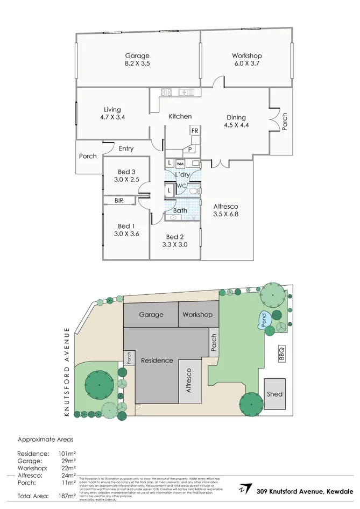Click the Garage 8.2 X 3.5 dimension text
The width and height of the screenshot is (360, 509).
point(137,63)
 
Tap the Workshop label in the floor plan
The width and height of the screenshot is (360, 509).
point(246,55)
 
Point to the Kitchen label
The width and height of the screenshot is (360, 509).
point(180,116)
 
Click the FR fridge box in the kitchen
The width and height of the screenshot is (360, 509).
point(194,131)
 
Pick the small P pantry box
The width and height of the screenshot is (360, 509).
point(190,149)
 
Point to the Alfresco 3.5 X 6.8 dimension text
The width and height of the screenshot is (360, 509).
point(225,214)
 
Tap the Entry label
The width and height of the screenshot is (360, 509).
point(126,149)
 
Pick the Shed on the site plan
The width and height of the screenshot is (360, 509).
point(274,394)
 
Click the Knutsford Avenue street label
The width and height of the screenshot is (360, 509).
point(67,371)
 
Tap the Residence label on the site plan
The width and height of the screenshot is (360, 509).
point(157,360)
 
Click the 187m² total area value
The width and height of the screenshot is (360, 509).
point(67,496)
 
